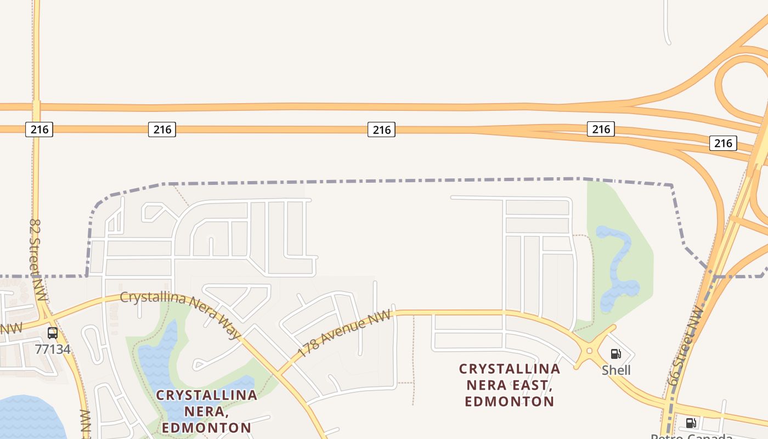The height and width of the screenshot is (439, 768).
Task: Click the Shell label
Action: coord(616,370)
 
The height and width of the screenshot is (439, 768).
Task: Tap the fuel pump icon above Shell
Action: coord(616,354)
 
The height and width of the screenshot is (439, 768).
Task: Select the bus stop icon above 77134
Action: coord(53,333)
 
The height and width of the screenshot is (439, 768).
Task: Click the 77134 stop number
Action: coord(53,349)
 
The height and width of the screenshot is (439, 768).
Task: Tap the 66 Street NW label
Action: coord(686,346)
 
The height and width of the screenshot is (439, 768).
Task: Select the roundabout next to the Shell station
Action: coord(589,351)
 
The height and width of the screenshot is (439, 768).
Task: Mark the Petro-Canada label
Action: coord(691,436)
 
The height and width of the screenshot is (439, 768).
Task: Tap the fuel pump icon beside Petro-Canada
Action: coord(691,423)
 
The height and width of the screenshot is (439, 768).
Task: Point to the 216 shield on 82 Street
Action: coord(39,130)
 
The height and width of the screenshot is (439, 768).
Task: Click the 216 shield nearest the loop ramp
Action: coord(723,143)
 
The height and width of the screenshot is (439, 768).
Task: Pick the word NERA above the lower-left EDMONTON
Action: coord(206,411)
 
